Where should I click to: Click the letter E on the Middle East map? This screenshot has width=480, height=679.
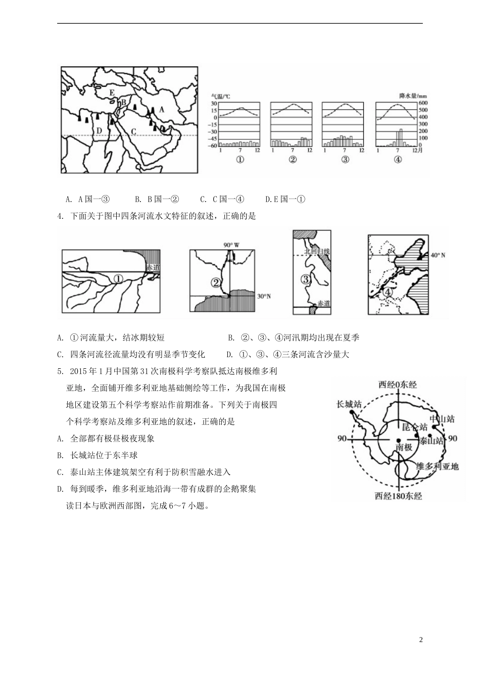[112, 92]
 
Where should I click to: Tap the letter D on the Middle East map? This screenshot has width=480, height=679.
[100, 131]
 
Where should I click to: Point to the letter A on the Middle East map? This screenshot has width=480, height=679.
[162, 109]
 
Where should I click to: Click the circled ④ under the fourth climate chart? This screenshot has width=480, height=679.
[398, 160]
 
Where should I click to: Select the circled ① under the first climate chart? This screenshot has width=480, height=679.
[240, 160]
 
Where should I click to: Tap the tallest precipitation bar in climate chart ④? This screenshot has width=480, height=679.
[401, 138]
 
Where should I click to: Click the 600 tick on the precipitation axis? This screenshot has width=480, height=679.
[422, 103]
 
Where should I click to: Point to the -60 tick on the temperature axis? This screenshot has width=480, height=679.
[212, 146]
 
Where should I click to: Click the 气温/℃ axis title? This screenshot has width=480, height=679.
[220, 95]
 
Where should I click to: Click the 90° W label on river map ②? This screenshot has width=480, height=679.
[231, 245]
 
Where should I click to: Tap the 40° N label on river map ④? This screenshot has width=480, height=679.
[438, 256]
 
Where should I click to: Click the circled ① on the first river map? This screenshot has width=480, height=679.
[117, 279]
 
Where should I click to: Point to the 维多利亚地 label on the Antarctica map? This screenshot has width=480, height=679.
[437, 466]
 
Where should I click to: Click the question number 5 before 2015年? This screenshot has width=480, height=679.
[60, 371]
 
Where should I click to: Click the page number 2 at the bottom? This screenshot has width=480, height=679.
[421, 640]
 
